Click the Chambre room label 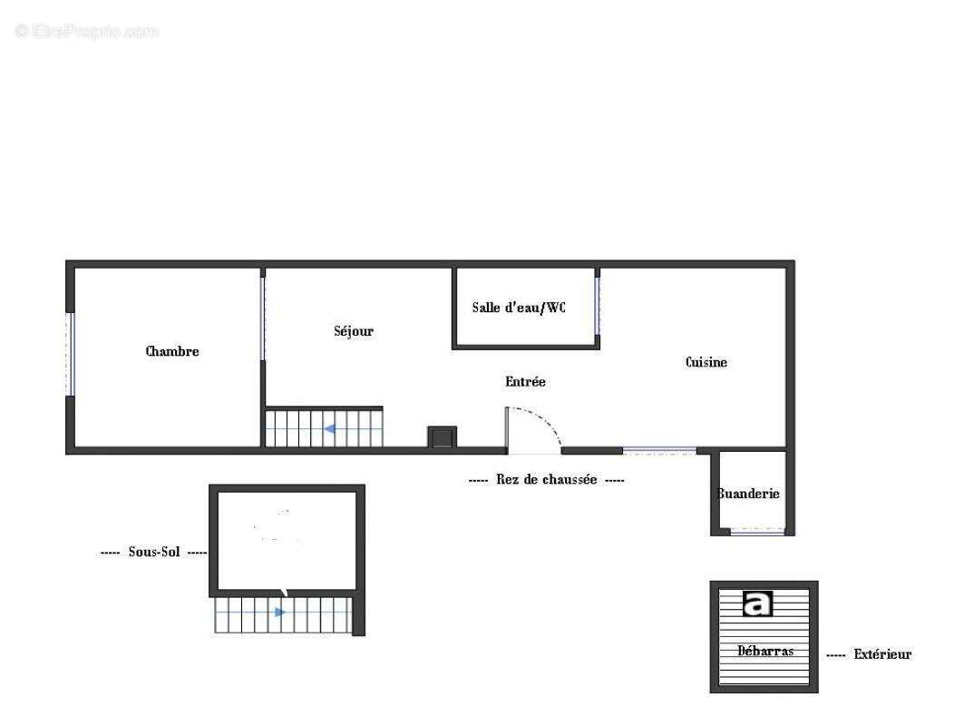coord(172,351)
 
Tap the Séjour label coord(354,331)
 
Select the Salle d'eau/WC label coord(519,308)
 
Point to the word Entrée coord(526,382)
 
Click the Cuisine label coord(706,362)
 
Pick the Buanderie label coord(749,494)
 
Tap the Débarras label coord(765,651)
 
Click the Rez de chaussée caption coord(546,480)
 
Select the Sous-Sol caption coord(154,552)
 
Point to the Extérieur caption coord(882,654)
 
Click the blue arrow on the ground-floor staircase coord(331,428)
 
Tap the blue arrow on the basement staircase coord(280,613)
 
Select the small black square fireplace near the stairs coord(442,437)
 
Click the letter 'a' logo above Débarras coord(757,603)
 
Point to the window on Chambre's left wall coord(69,354)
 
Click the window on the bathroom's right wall coord(598,305)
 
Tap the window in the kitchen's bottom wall coord(659,450)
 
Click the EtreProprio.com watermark coord(87,32)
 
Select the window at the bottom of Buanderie coord(758,532)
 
